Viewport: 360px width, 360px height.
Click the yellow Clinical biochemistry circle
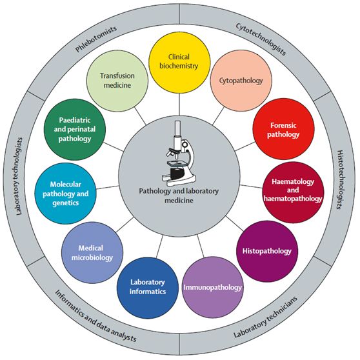[x=179, y=63]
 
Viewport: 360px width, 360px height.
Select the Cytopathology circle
[x=241, y=81]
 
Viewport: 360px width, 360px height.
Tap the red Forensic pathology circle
[x=283, y=129]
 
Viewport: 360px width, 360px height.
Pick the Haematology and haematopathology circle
[x=293, y=192]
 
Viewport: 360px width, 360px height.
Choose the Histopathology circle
[x=267, y=251]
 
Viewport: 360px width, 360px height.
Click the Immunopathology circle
[x=213, y=287]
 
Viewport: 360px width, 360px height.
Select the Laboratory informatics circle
[x=148, y=288]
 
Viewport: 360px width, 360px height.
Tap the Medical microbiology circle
[x=92, y=252]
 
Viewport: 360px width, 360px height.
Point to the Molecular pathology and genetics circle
[x=65, y=194]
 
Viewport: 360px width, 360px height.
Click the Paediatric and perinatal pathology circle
[x=75, y=130]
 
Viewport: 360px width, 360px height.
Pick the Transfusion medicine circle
[x=117, y=81]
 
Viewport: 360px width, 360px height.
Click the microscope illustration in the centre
[x=179, y=154]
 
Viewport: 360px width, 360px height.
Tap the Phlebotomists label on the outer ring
[x=96, y=39]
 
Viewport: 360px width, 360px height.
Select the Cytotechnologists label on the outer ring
[x=261, y=39]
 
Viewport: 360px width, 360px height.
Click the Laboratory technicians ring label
[x=265, y=317]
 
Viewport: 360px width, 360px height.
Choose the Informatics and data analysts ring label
[x=95, y=316]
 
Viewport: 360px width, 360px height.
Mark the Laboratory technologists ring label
[x=19, y=176]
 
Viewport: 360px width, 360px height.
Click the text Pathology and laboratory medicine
[x=179, y=195]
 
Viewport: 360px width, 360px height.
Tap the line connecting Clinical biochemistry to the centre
[x=179, y=105]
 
